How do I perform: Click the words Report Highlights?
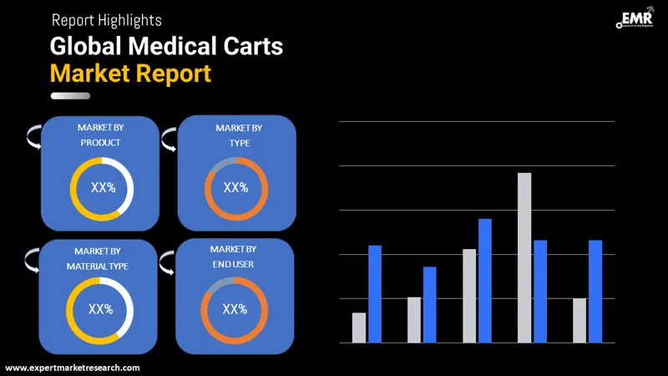pyautogui.click(x=107, y=19)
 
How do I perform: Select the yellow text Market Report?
pyautogui.click(x=130, y=73)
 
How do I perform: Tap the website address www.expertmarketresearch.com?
pyautogui.click(x=73, y=368)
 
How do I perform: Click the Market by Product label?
pyautogui.click(x=100, y=135)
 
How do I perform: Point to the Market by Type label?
pyautogui.click(x=239, y=135)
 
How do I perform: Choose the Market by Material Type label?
pyautogui.click(x=100, y=258)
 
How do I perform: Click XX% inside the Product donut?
pyautogui.click(x=102, y=188)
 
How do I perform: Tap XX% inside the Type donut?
pyautogui.click(x=236, y=187)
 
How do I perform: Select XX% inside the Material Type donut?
pyautogui.click(x=100, y=309)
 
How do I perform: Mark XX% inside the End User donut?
pyautogui.click(x=234, y=309)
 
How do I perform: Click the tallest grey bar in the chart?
pyautogui.click(x=524, y=257)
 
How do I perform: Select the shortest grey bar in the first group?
pyautogui.click(x=359, y=328)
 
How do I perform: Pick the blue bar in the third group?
pyautogui.click(x=485, y=280)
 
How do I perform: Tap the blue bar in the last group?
pyautogui.click(x=595, y=291)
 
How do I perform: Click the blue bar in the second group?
pyautogui.click(x=430, y=304)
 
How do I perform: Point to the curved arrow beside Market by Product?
pyautogui.click(x=33, y=137)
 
